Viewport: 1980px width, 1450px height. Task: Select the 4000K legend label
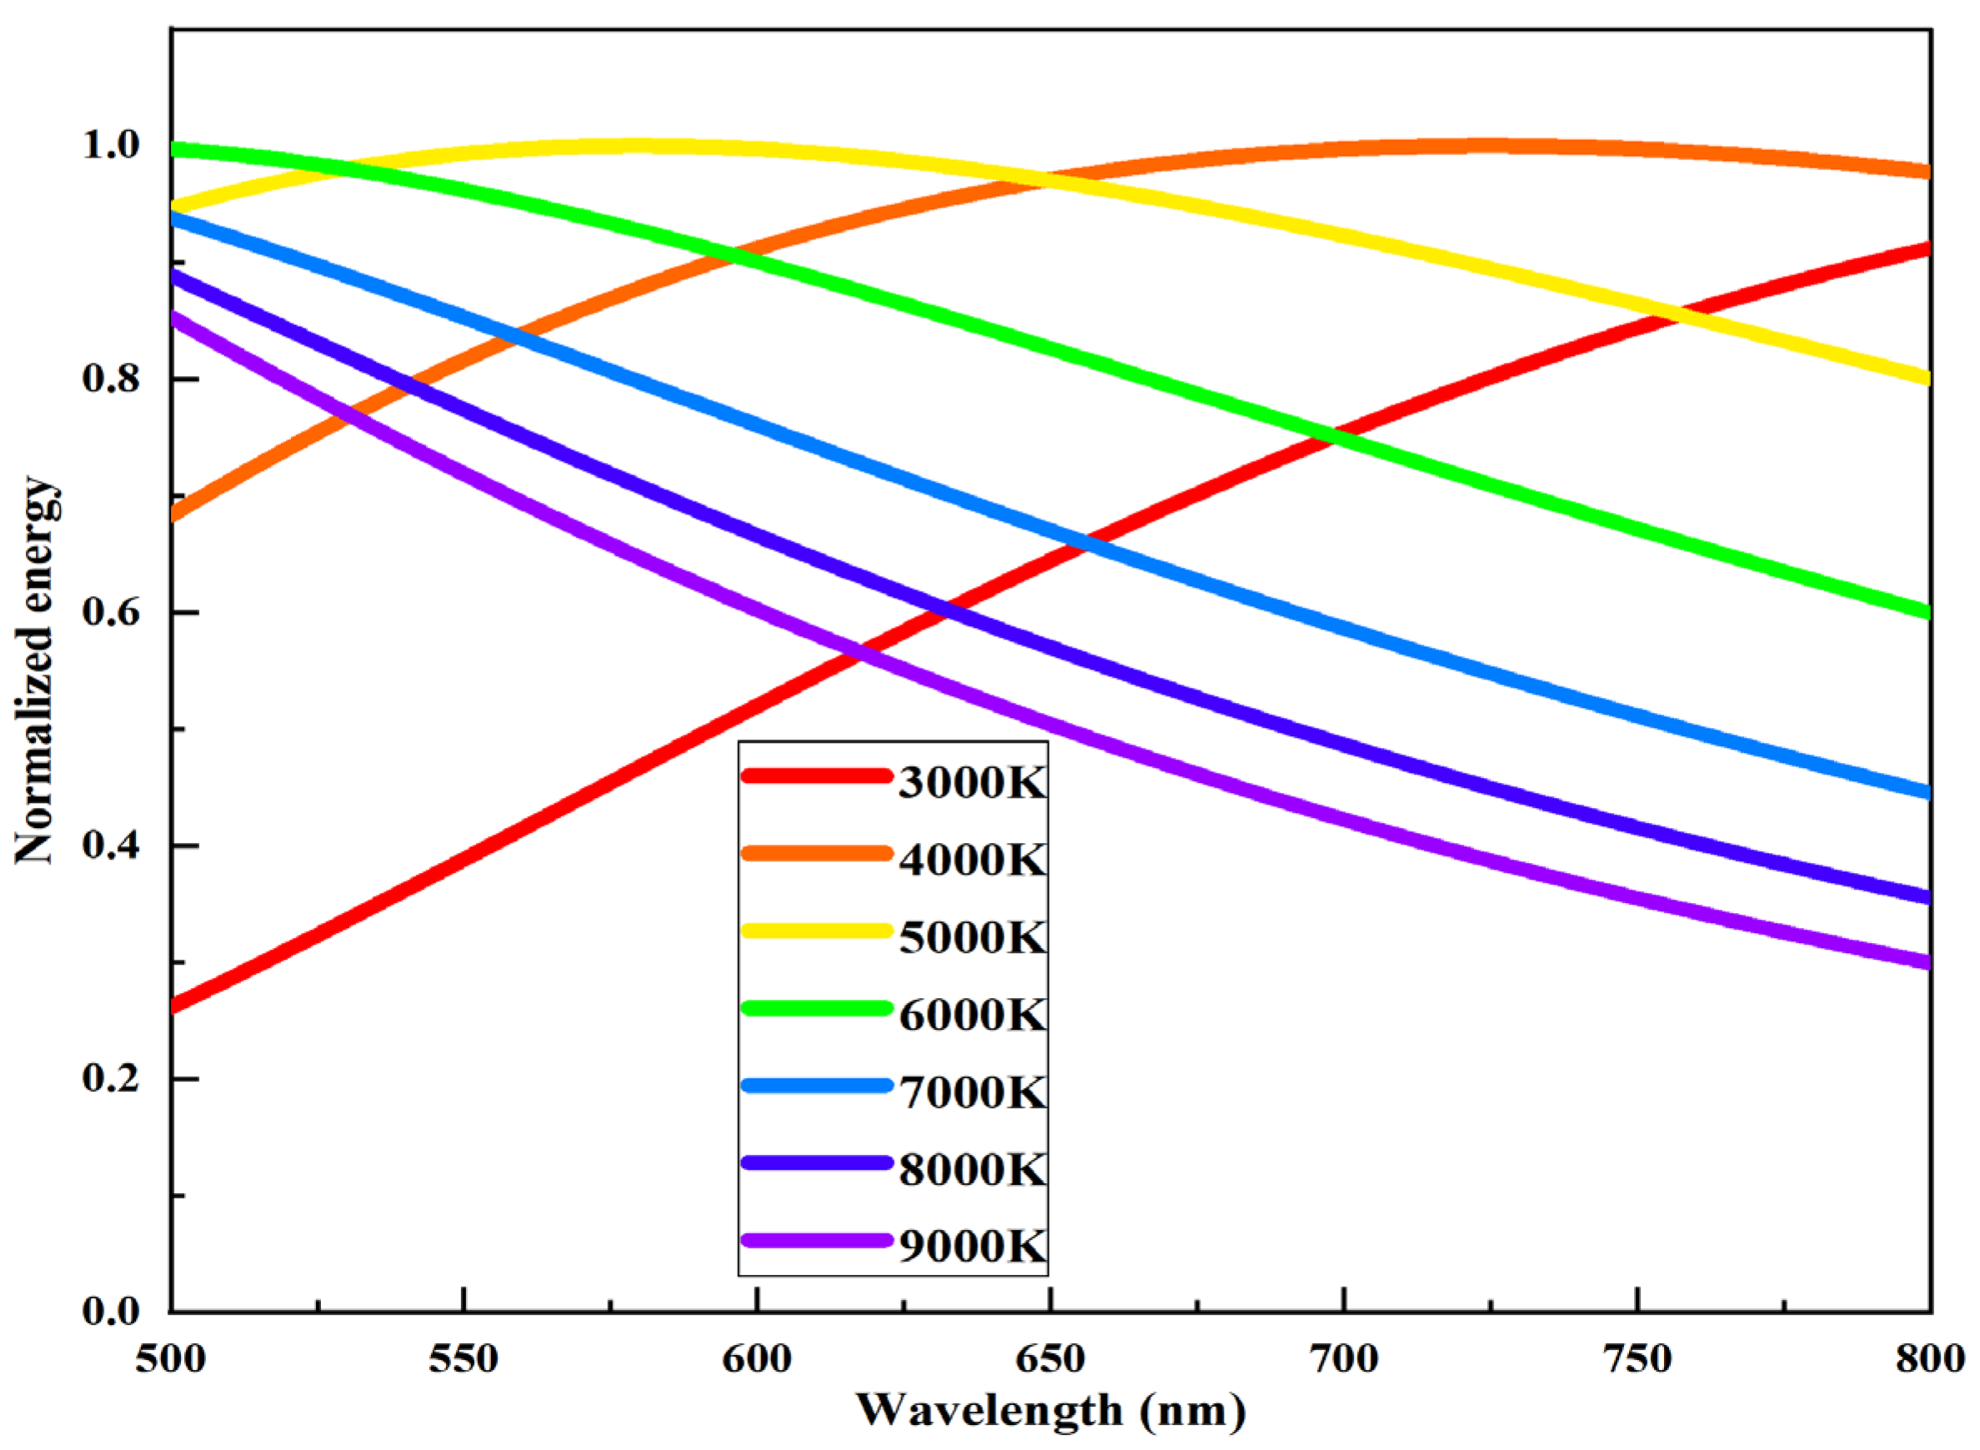point(972,860)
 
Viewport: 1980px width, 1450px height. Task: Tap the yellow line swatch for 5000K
point(816,932)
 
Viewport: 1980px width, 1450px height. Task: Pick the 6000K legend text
point(972,1015)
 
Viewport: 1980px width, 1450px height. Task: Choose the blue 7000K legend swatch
point(816,1086)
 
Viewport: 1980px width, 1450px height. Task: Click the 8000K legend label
point(972,1169)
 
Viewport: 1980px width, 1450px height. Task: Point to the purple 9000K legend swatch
point(816,1240)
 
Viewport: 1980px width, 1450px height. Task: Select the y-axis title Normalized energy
point(35,670)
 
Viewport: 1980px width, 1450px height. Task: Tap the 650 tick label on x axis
point(1050,1359)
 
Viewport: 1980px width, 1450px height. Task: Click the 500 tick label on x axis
point(170,1359)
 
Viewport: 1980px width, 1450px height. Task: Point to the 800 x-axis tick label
point(1929,1359)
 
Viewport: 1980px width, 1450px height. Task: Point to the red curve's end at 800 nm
point(1927,249)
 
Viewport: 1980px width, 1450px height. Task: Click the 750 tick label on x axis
point(1637,1359)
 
